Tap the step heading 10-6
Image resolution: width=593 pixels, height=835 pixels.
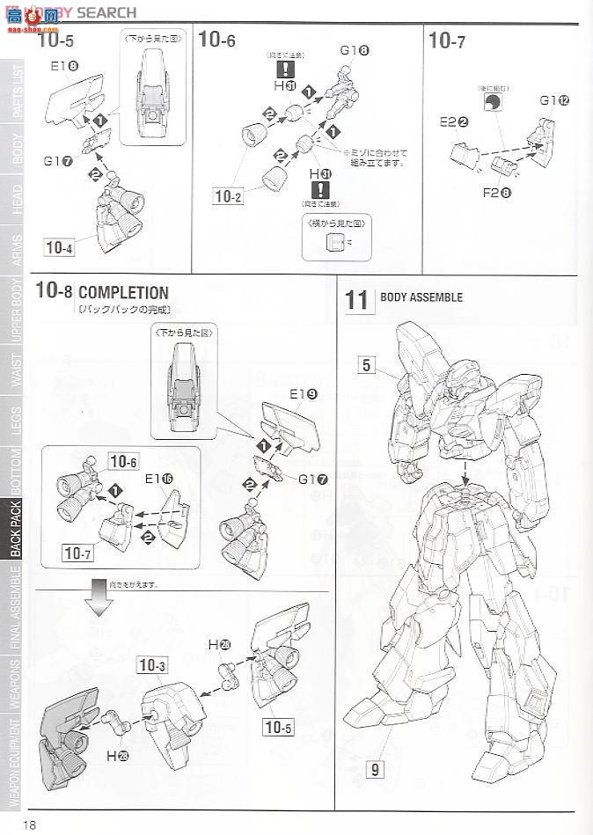click(x=217, y=40)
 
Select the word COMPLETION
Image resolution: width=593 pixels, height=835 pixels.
click(x=123, y=293)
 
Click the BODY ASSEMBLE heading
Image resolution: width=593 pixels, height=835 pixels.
click(x=421, y=297)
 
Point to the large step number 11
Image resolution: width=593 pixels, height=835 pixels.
click(x=357, y=299)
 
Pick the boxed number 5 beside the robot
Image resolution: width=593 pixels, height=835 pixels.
click(x=367, y=365)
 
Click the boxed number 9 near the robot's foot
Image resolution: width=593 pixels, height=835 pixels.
click(x=376, y=770)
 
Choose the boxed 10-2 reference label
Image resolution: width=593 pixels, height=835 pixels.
click(x=227, y=195)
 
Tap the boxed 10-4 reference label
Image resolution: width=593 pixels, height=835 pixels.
click(x=58, y=247)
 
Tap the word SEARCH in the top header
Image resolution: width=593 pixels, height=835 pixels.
click(x=107, y=12)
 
